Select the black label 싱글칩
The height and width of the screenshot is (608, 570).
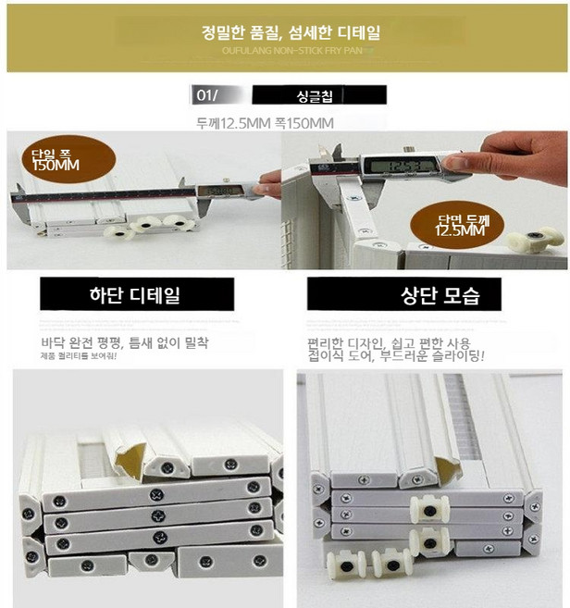318,95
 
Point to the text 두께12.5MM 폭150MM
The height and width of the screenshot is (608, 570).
265,123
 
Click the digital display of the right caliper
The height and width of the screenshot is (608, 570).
393,168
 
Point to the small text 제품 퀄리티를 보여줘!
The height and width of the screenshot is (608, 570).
77,357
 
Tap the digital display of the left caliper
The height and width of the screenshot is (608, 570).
216,192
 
